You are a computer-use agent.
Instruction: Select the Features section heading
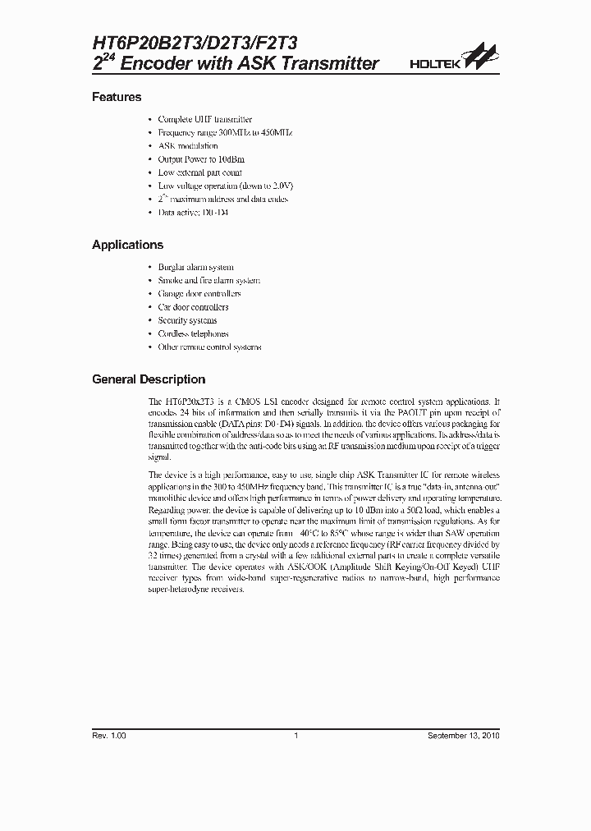point(117,97)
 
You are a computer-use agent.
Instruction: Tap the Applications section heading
point(127,245)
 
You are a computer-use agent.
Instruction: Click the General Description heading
point(149,379)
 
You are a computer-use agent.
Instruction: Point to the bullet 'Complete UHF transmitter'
point(204,119)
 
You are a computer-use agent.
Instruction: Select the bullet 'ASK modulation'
point(188,145)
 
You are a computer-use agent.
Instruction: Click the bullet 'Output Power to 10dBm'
point(201,159)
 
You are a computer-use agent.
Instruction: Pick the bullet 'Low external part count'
point(199,172)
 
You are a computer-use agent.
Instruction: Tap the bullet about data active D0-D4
point(193,212)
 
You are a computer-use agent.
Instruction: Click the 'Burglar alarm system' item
point(195,267)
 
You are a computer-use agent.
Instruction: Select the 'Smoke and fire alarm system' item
point(208,280)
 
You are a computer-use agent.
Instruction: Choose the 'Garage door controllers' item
point(199,293)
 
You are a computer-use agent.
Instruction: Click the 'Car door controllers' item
point(193,307)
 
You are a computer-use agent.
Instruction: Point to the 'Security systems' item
point(187,320)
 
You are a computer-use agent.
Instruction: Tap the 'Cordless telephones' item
point(193,333)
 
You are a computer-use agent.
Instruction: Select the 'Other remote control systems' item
point(209,347)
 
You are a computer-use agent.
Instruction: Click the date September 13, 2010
point(463,735)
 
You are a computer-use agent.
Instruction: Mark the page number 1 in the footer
point(295,735)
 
